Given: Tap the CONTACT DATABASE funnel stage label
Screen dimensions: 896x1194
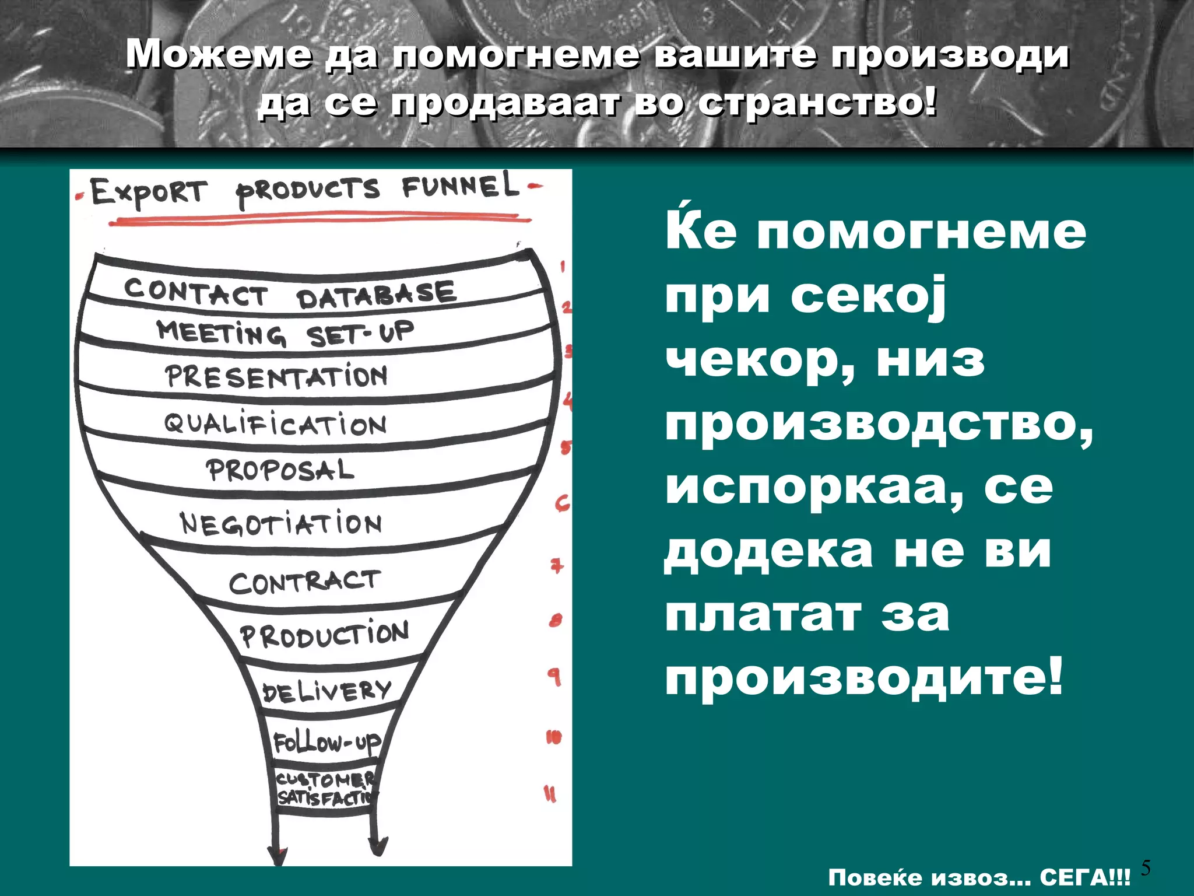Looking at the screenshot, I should (x=289, y=293).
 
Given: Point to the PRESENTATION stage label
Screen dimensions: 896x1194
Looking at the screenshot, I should (x=276, y=376).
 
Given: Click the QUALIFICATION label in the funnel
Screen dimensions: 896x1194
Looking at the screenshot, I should (x=275, y=424).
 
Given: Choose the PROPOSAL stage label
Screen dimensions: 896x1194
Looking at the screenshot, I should (x=280, y=470).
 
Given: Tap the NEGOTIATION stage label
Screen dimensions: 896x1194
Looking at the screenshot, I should (x=281, y=523).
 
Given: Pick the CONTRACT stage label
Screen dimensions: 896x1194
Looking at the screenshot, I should (x=304, y=582).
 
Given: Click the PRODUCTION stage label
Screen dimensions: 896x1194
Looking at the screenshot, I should (x=325, y=635).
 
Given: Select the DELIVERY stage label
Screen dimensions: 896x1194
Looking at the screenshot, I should (x=326, y=691).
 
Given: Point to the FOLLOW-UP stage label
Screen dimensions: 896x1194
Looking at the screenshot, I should (x=327, y=743).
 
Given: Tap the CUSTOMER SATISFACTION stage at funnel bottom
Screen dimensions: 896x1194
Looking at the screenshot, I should (x=325, y=789).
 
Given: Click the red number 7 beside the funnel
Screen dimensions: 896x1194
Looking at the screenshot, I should (x=558, y=565).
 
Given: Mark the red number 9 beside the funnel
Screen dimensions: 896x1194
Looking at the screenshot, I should (x=554, y=677).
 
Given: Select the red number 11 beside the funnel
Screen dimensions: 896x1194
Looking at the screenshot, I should (x=550, y=794).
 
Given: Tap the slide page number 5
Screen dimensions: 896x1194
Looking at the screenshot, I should (x=1146, y=868).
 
